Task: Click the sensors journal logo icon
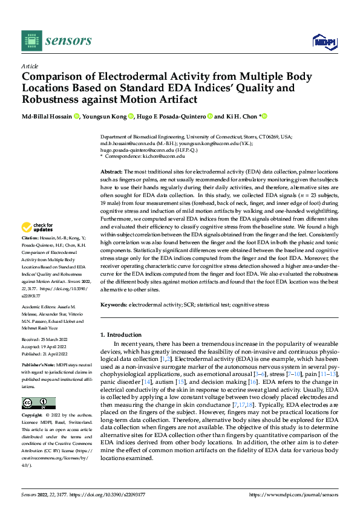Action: tap(30, 40)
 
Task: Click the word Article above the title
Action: tap(30, 66)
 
